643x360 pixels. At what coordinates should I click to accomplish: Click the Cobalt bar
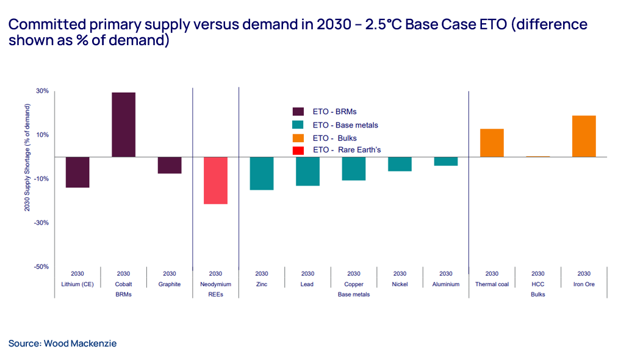(123, 124)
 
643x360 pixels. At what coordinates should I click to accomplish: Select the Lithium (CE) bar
(77, 172)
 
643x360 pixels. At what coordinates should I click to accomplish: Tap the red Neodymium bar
(215, 180)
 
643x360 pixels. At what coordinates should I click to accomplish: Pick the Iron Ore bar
(584, 136)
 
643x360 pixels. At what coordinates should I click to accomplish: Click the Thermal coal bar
(492, 143)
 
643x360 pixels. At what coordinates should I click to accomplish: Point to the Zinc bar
(262, 173)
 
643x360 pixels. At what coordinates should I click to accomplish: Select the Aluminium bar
(446, 161)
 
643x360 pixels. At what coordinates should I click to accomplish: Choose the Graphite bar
(170, 165)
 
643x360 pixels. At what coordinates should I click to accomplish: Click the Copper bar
(354, 168)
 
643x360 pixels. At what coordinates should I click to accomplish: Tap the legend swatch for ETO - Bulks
(298, 138)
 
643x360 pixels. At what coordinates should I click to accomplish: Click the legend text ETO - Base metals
(345, 125)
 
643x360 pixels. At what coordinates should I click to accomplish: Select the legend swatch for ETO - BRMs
(298, 112)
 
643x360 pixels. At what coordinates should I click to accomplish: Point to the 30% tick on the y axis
(42, 91)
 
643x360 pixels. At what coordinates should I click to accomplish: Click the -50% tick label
(41, 267)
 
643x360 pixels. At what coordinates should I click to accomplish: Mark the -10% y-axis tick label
(41, 179)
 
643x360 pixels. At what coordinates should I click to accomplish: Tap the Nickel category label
(400, 284)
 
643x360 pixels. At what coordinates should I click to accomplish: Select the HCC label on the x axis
(537, 284)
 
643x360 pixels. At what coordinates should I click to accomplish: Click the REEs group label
(215, 294)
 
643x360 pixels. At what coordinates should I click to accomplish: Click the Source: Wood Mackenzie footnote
(62, 344)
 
